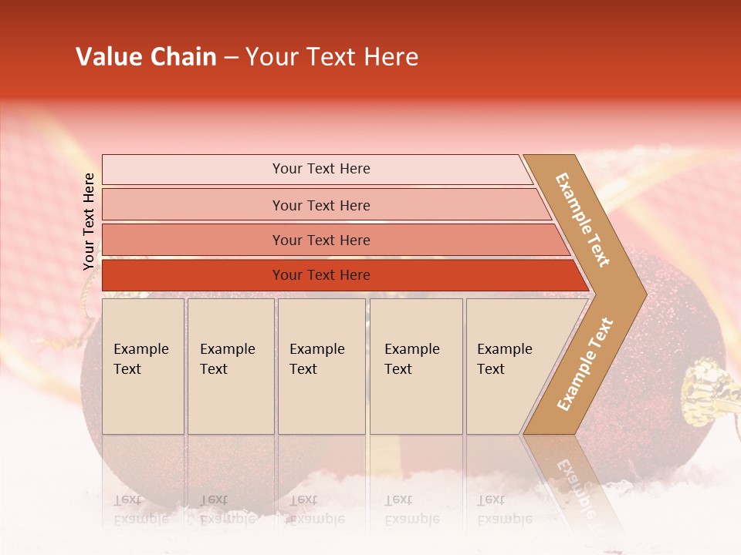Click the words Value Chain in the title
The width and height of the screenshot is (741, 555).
146,57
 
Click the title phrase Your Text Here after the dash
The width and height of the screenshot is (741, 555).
332,57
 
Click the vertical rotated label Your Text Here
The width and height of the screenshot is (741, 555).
89,221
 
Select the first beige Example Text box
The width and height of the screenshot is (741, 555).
143,366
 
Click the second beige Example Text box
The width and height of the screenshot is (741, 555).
230,366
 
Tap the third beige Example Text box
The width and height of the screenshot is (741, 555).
321,366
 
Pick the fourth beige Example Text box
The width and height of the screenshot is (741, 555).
415,366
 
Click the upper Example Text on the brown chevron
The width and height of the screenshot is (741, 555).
583,220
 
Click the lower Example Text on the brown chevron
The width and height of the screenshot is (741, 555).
584,365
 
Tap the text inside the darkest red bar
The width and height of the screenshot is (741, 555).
321,275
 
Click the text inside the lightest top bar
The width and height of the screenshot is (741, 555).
321,169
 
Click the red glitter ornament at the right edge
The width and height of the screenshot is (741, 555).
679,324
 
